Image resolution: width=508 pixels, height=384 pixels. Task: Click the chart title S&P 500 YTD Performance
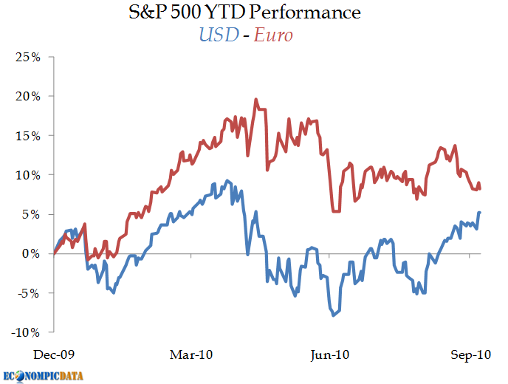click(253, 13)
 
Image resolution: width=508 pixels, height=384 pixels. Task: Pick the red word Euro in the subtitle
click(273, 35)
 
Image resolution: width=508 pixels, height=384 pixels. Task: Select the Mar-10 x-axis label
click(191, 355)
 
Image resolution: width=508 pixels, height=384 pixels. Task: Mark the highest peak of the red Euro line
click(255, 99)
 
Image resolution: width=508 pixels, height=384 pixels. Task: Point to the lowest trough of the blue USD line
click(334, 315)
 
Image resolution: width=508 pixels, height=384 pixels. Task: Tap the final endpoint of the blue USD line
click(480, 213)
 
